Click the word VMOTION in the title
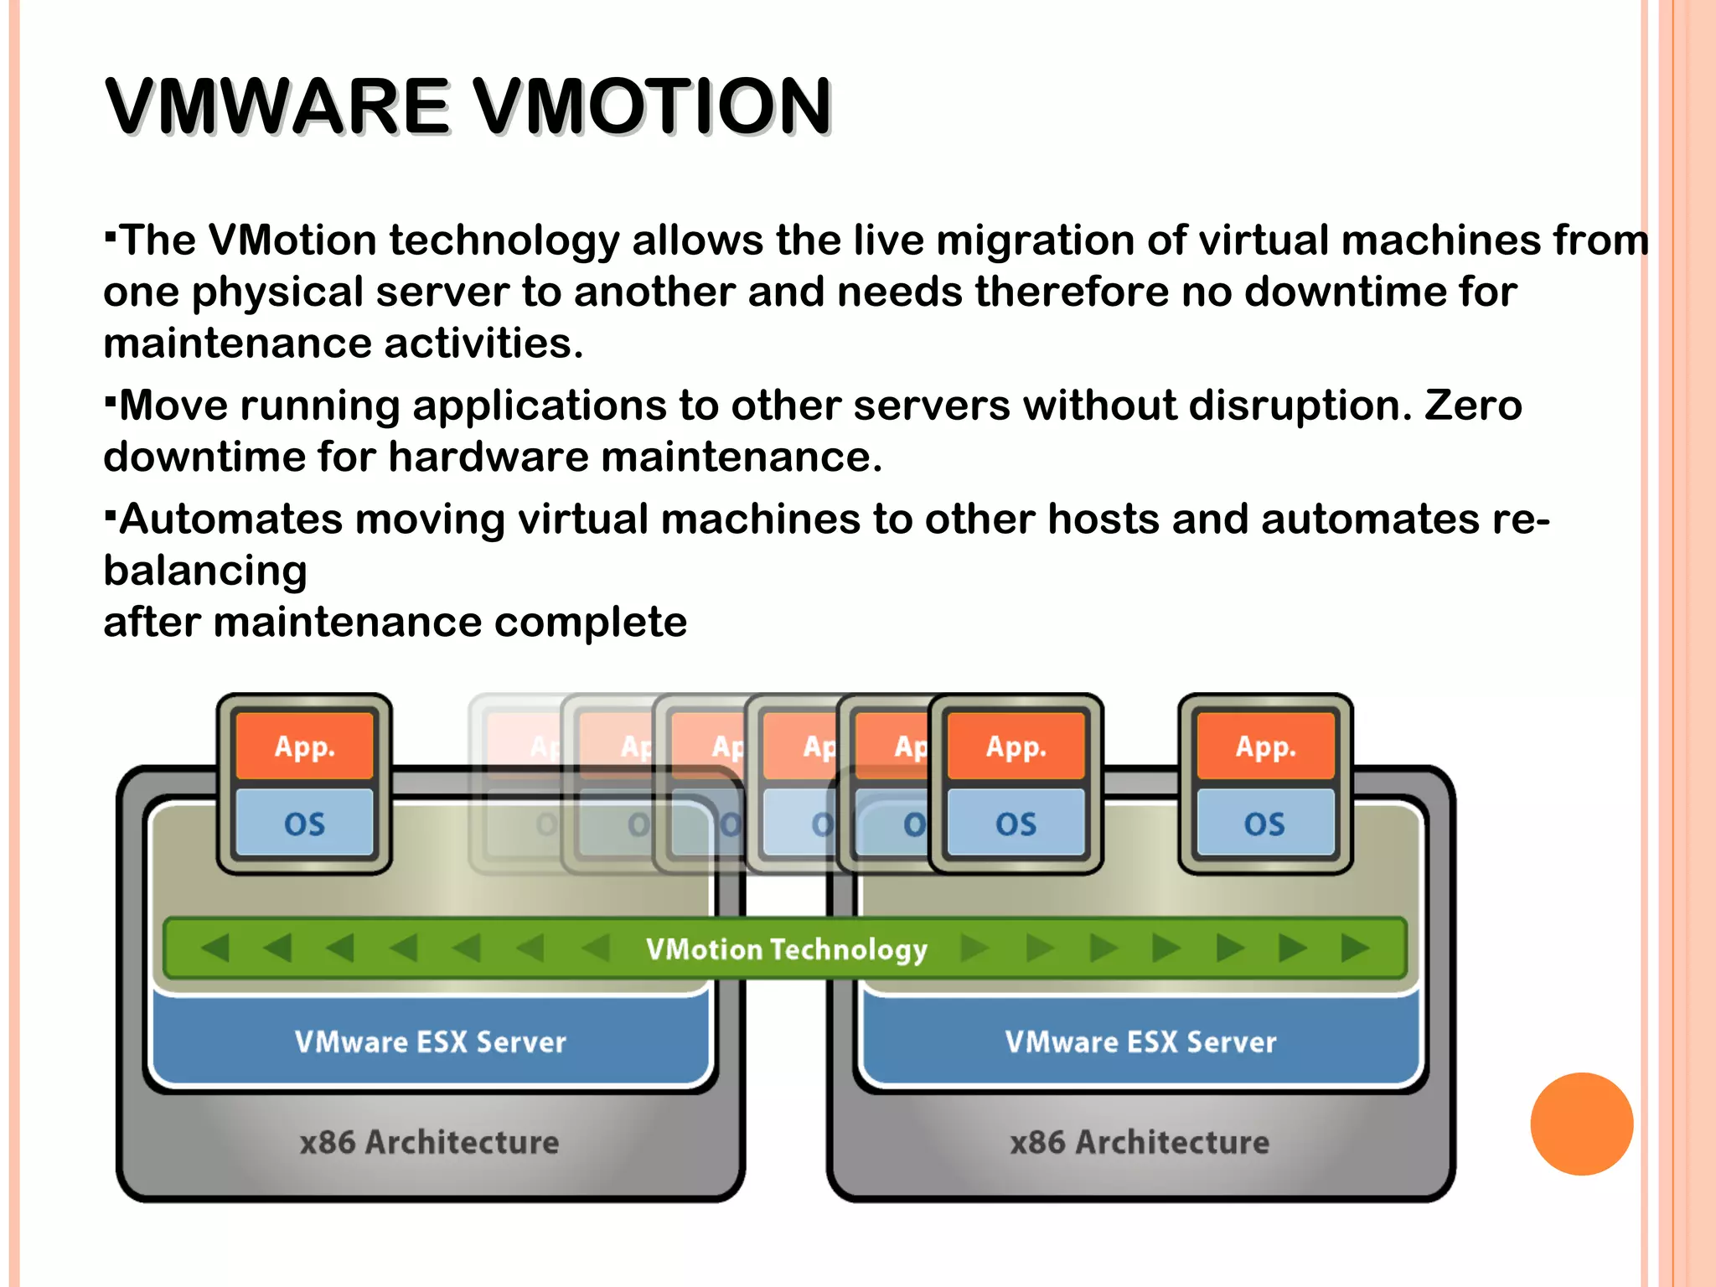(x=652, y=106)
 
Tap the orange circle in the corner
(x=1581, y=1124)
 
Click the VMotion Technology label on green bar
(x=786, y=949)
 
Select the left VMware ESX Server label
(x=430, y=1041)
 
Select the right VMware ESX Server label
(x=1140, y=1041)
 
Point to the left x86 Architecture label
(x=429, y=1142)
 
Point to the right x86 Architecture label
(x=1140, y=1142)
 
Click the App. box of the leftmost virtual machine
(x=304, y=746)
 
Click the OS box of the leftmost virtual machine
(x=304, y=823)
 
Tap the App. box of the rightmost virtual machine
(x=1265, y=746)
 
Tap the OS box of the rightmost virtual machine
(x=1265, y=823)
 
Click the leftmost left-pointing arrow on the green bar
(x=216, y=948)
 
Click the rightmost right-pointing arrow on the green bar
(x=1354, y=948)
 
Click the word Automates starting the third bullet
(x=231, y=519)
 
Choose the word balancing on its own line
(x=205, y=571)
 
